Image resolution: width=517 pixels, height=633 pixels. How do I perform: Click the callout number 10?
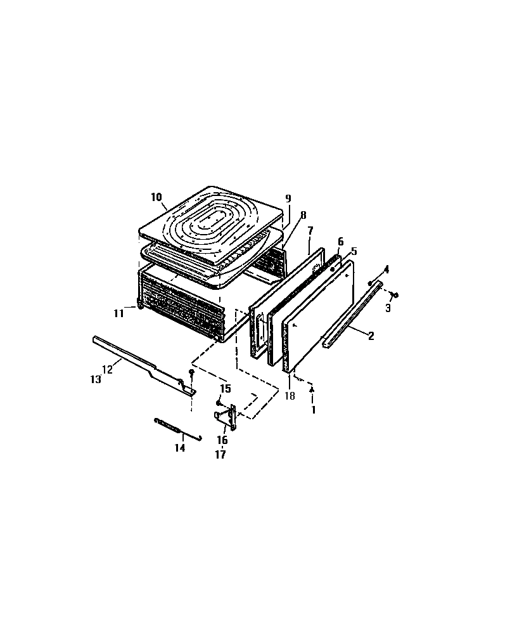click(x=156, y=197)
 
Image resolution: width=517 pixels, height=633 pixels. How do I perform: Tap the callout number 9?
click(x=288, y=199)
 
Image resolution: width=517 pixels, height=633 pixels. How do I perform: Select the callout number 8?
click(x=303, y=215)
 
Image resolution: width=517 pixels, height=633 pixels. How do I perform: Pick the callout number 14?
click(x=180, y=448)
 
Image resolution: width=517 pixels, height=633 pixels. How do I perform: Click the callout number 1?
click(x=312, y=410)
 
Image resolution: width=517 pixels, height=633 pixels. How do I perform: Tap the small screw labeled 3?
click(x=395, y=294)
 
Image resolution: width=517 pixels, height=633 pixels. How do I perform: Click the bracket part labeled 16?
click(x=228, y=418)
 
